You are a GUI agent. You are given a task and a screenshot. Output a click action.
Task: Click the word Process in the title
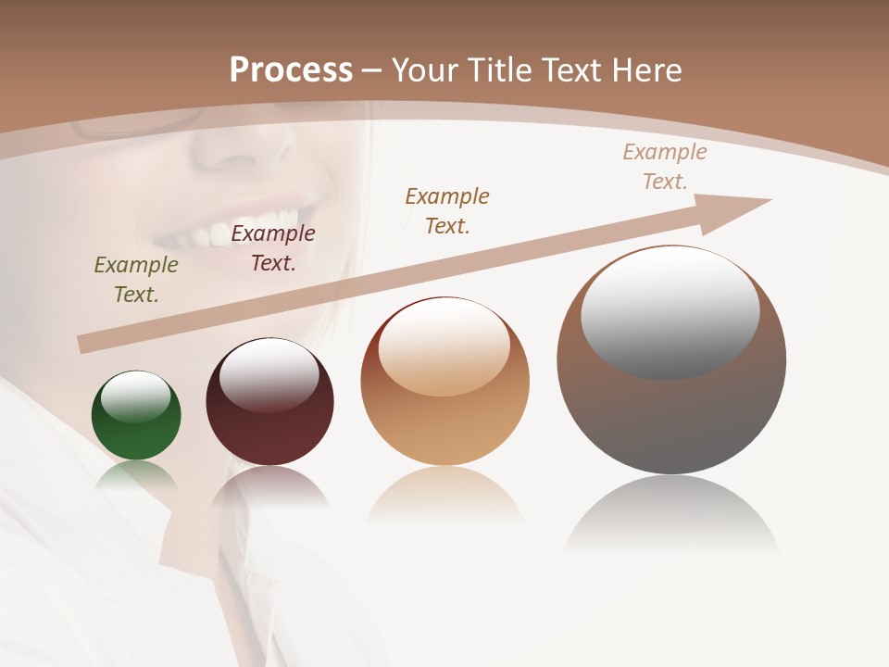click(x=291, y=70)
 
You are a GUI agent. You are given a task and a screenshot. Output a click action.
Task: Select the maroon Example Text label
click(x=273, y=248)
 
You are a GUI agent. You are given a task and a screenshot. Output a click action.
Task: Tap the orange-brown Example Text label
click(x=447, y=210)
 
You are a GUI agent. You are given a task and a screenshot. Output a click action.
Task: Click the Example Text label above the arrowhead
click(x=665, y=167)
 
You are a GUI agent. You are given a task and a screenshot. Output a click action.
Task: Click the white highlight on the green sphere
click(x=136, y=396)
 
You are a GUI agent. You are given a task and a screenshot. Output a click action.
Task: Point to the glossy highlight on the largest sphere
click(x=670, y=310)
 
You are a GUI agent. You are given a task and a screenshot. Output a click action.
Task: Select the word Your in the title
click(x=427, y=70)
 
